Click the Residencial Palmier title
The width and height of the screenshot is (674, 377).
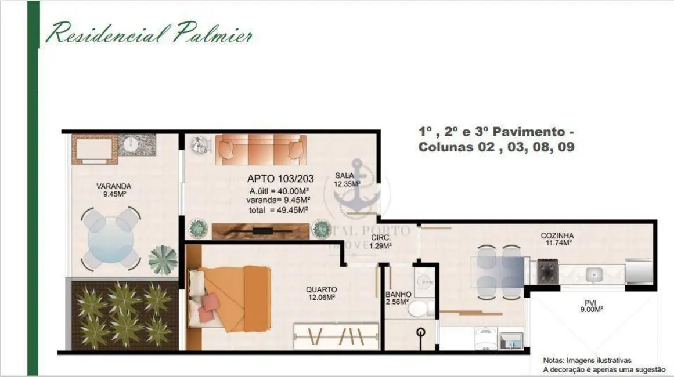click(149, 33)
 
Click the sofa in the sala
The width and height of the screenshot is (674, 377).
click(261, 150)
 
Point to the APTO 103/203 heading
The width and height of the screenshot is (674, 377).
click(277, 179)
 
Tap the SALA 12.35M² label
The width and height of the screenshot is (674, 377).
click(347, 180)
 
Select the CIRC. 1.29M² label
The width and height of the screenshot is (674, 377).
click(381, 241)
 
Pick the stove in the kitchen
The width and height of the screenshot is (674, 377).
click(547, 271)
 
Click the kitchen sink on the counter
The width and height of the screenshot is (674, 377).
click(593, 273)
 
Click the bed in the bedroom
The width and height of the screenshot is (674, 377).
click(229, 295)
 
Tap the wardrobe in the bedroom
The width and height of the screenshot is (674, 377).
click(336, 336)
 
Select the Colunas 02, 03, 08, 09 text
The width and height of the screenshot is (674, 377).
click(496, 147)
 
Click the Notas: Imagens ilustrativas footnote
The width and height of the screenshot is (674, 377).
click(588, 360)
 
